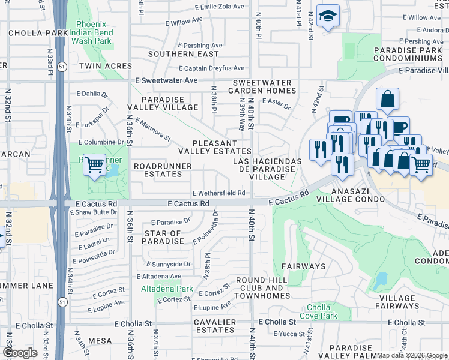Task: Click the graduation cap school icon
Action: click(x=328, y=16)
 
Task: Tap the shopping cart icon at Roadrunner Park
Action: click(x=94, y=164)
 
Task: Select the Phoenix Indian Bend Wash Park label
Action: click(x=91, y=32)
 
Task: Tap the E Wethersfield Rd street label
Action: click(x=218, y=193)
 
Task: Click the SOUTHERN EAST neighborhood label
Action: click(x=175, y=54)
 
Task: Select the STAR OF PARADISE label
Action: click(x=163, y=237)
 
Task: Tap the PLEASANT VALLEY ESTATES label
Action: click(x=214, y=147)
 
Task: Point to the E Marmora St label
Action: click(x=153, y=130)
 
